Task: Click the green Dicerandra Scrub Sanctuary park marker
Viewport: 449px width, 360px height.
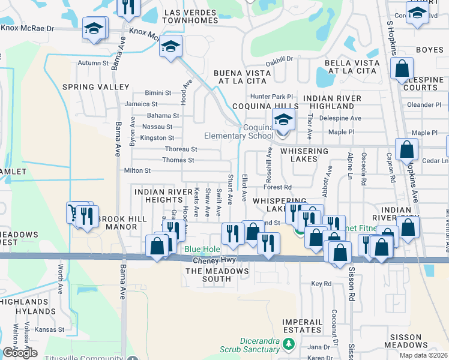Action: coord(289,344)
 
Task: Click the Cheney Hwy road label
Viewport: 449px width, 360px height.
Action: coord(214,261)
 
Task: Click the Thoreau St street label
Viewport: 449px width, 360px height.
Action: coord(181,149)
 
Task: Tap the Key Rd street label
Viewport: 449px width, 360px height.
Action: coord(321,283)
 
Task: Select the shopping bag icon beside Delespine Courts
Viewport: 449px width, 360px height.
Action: coord(402,68)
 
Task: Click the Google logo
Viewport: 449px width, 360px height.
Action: coord(20,353)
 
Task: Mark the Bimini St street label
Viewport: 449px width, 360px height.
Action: coord(158,93)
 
